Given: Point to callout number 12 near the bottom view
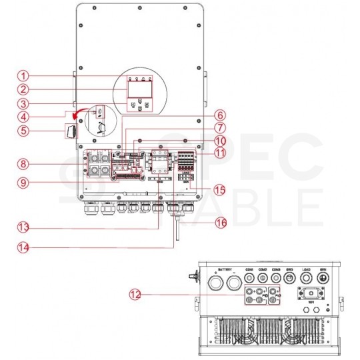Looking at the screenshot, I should coord(136,293).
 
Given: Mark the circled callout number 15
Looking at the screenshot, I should coord(215,189).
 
